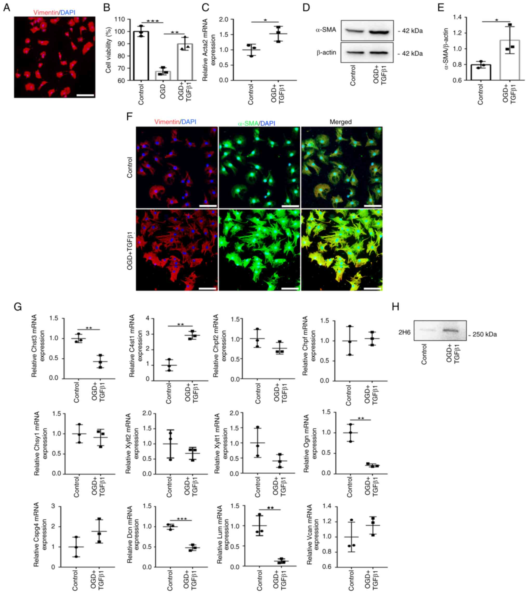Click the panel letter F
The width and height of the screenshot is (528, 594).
point(129,117)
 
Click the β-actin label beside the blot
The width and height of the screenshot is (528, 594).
point(326,53)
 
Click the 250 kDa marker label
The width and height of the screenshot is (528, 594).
point(484,334)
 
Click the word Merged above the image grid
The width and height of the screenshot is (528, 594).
point(340,122)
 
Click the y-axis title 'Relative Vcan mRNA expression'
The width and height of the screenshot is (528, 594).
point(313,534)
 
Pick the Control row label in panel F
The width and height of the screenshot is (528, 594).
point(130,167)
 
